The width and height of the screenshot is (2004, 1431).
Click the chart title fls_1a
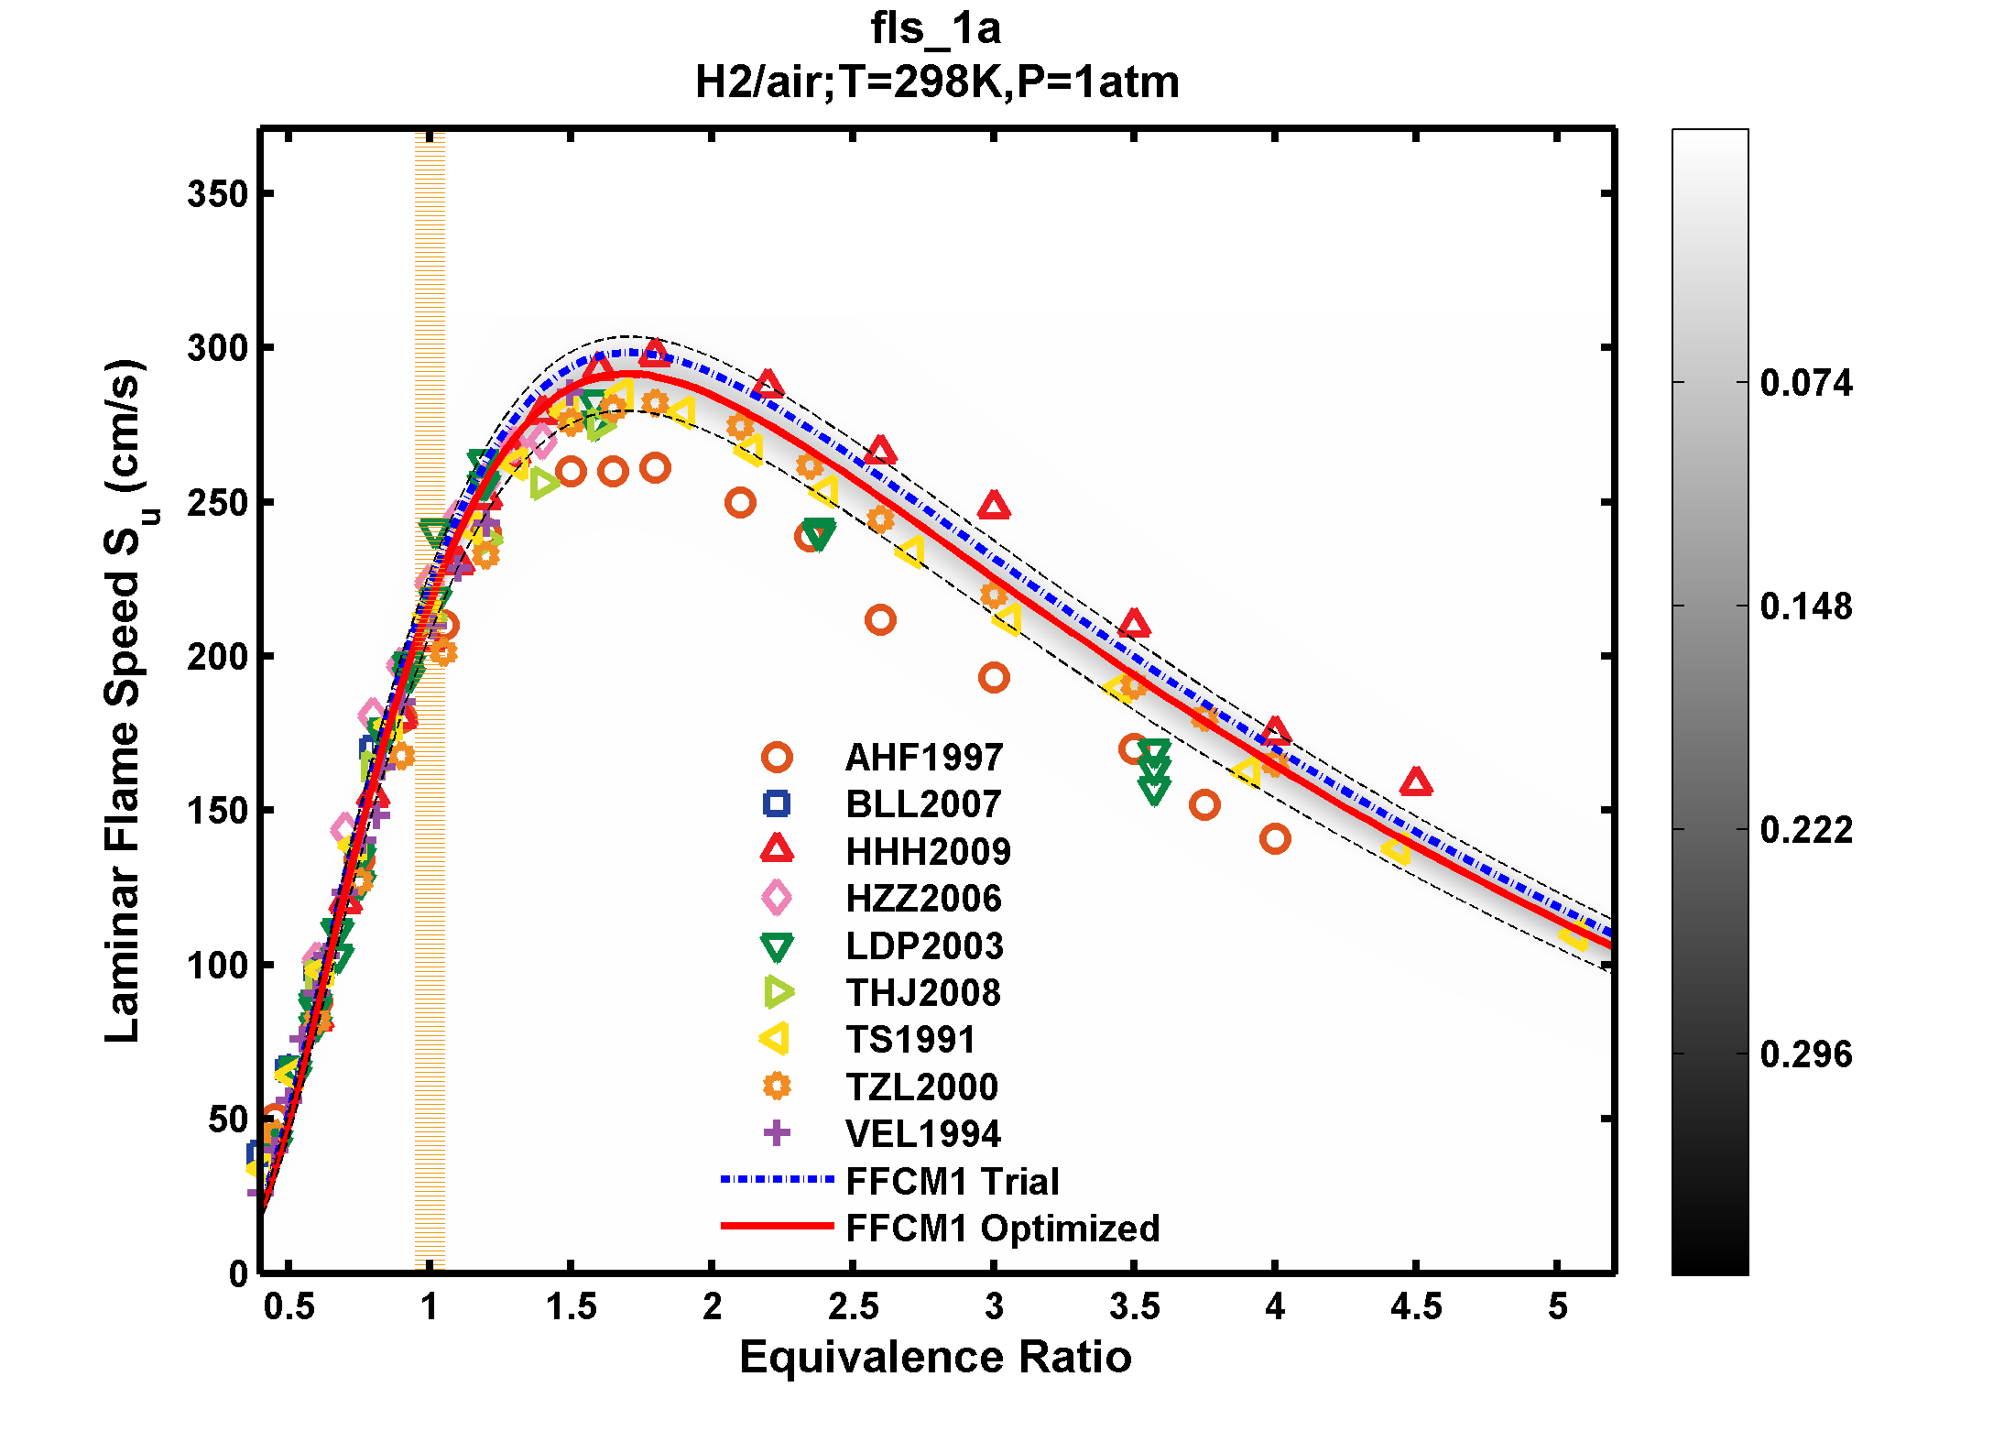[935, 28]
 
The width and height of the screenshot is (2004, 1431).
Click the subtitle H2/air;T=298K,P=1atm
[936, 82]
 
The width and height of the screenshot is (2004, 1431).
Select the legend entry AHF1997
[923, 758]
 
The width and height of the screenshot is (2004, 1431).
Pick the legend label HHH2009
[927, 852]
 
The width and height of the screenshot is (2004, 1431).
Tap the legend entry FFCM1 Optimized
[1002, 1229]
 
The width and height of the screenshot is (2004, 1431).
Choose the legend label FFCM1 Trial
[952, 1182]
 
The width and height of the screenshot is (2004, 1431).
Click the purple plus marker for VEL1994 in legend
[777, 1133]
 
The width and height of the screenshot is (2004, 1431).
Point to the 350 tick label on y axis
[217, 194]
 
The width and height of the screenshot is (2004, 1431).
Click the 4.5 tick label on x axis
[1415, 1306]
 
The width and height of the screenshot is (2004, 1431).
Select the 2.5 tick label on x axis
[853, 1306]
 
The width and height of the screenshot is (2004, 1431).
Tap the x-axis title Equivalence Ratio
[935, 1357]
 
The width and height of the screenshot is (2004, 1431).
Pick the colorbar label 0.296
[1805, 1054]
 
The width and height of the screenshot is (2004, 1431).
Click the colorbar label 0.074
[1805, 383]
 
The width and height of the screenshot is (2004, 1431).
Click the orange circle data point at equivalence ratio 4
[1275, 838]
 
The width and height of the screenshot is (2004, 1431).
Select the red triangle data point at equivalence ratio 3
[994, 506]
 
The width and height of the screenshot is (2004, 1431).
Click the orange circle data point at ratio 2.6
[880, 620]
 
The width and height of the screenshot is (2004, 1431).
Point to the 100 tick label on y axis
[217, 966]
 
